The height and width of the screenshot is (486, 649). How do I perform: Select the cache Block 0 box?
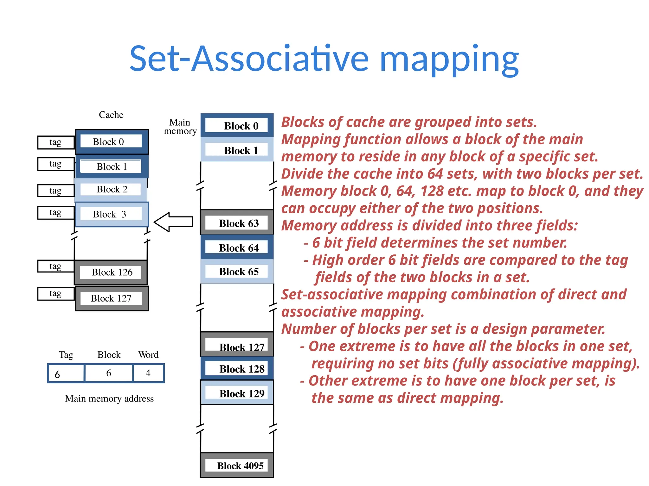coord(112,141)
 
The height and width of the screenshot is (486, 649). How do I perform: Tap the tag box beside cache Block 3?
coord(56,212)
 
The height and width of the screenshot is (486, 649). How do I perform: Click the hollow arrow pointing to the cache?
coord(174,222)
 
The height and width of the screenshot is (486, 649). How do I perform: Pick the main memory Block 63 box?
coord(237,223)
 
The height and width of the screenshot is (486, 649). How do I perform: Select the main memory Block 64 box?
coord(237,247)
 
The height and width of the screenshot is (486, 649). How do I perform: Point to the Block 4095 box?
coord(237,465)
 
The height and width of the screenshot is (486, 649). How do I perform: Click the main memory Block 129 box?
coord(237,393)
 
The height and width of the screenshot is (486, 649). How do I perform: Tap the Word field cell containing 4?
coord(148,373)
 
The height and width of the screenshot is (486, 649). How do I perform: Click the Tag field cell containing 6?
coord(66,374)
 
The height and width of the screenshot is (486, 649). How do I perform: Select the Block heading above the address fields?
coord(109,355)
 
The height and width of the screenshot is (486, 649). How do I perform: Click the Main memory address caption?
coord(109,398)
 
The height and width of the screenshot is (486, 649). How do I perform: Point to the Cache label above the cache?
coord(111,115)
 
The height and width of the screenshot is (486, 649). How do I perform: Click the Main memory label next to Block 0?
coord(180,127)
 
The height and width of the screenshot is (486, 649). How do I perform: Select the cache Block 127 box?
coord(112,298)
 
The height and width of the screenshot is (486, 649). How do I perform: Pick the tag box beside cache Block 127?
coord(56,293)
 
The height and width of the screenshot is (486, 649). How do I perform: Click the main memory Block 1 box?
coord(237,150)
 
